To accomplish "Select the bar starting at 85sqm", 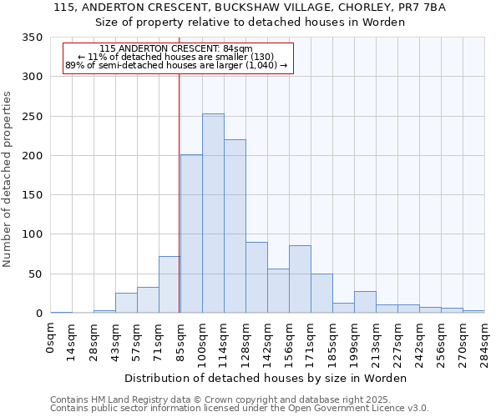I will pyautogui.click(x=191, y=234).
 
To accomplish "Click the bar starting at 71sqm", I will pyautogui.click(x=170, y=284).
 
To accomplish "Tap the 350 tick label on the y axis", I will pyautogui.click(x=31, y=38).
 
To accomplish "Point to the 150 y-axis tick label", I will pyautogui.click(x=31, y=195).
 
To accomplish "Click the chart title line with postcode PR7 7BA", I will pyautogui.click(x=250, y=8).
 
